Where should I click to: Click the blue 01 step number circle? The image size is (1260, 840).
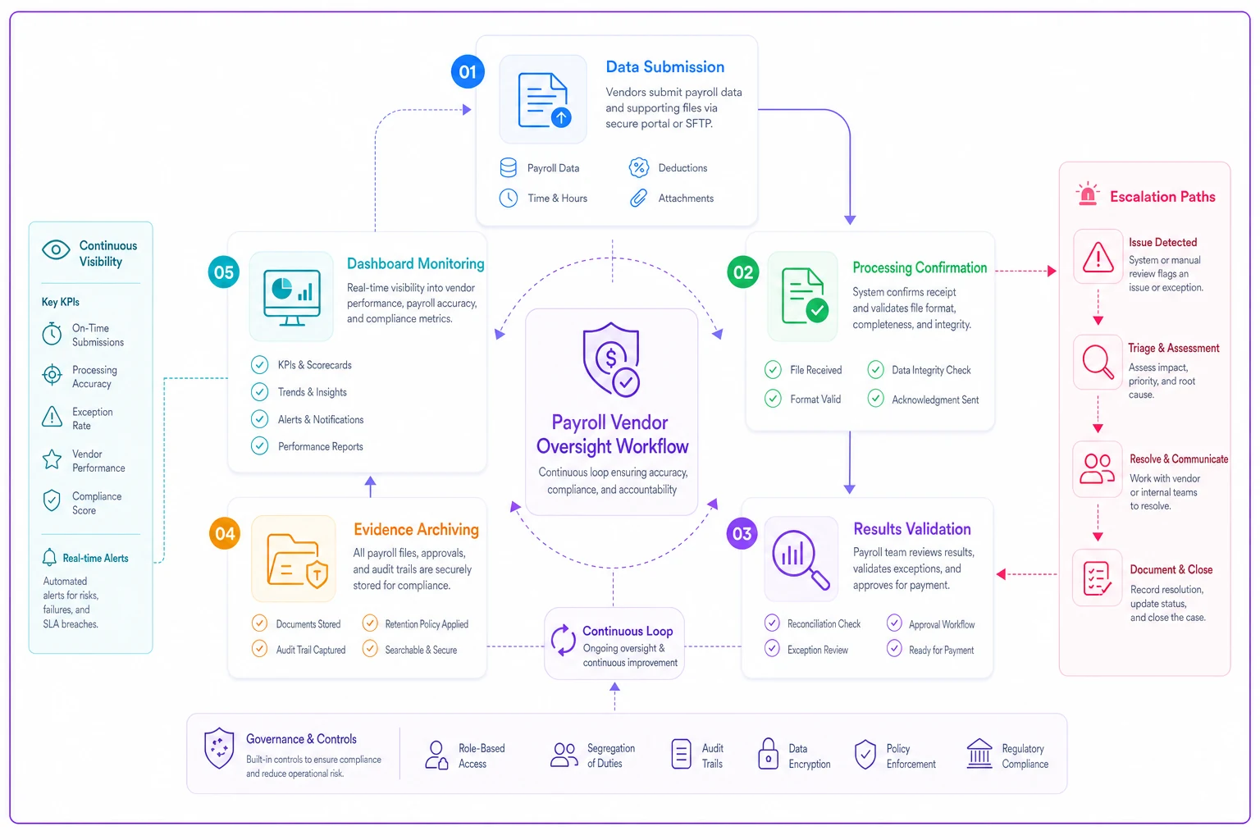(x=468, y=71)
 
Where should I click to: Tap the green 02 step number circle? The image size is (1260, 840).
(x=742, y=272)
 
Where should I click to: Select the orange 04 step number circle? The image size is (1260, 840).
(x=225, y=533)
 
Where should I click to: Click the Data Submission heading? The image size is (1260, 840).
(x=665, y=67)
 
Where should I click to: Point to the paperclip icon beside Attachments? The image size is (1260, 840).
(x=638, y=198)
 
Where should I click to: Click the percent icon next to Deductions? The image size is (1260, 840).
(x=638, y=167)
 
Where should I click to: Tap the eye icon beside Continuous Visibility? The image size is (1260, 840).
(x=56, y=249)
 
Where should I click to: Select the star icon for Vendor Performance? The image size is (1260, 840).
(x=52, y=459)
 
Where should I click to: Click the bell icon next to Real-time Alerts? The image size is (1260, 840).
(x=49, y=558)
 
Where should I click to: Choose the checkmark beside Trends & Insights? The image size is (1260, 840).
(x=259, y=391)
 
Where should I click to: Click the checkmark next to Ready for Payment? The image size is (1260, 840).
(x=894, y=649)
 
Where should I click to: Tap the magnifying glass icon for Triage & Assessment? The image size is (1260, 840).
(x=1098, y=362)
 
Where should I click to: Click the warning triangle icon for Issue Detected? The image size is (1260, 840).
(x=1098, y=257)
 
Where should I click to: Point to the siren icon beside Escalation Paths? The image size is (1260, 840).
(x=1088, y=194)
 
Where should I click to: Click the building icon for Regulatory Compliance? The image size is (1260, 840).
(x=979, y=753)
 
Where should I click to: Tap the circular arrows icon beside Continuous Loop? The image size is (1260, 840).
(x=563, y=641)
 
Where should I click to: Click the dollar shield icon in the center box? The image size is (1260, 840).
(x=611, y=359)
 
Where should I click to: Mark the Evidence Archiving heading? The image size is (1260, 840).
(x=416, y=529)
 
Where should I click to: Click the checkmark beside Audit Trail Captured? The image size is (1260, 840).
(x=259, y=649)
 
